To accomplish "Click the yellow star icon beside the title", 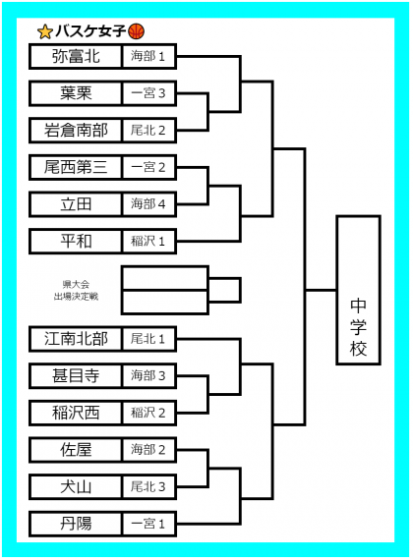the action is pos(45,31).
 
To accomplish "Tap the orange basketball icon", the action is pos(136,31).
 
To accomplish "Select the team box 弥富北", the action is pos(76,56).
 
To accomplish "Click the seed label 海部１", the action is pos(148,56).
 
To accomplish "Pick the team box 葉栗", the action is pos(76,93).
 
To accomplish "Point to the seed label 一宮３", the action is pos(148,93).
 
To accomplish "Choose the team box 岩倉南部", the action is pos(76,131).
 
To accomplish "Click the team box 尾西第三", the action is pos(76,167).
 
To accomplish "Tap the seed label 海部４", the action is pos(148,204).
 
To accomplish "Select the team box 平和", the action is pos(76,242).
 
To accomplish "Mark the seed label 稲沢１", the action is pos(148,242).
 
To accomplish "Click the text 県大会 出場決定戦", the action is pos(76,290).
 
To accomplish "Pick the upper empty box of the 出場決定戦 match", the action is pos(165,278).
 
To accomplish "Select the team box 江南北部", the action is pos(76,339).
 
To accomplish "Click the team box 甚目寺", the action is pos(76,375).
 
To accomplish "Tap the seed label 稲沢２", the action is pos(148,413).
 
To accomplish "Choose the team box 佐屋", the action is pos(76,450).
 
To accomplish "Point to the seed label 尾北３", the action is pos(148,486).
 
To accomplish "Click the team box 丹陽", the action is pos(76,524).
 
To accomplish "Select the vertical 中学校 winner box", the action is pos(358,290).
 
